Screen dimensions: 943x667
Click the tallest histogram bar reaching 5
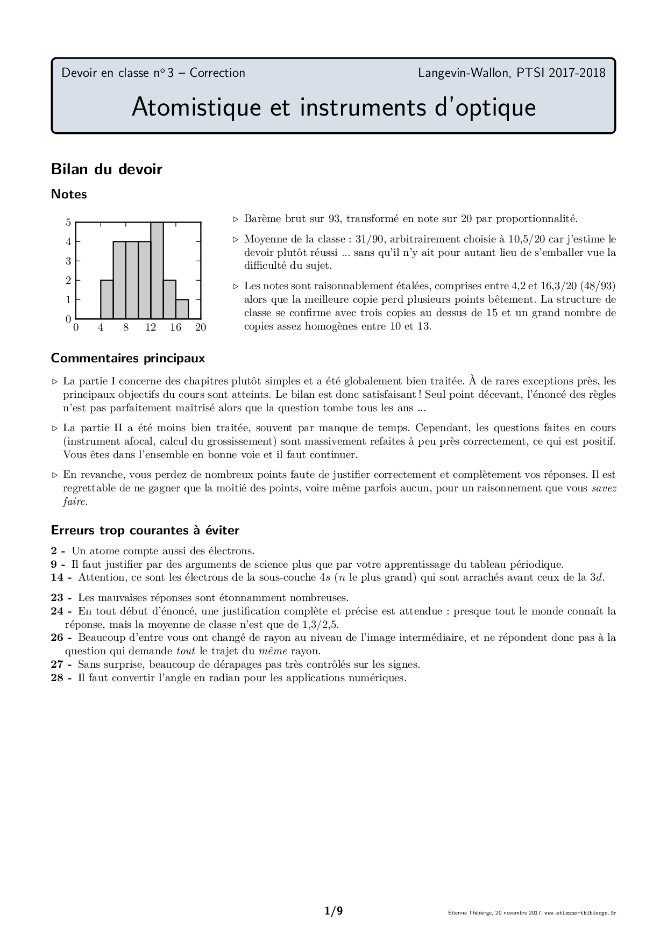point(157,270)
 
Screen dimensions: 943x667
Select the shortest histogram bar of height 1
point(182,309)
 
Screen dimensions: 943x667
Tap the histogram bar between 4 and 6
point(107,299)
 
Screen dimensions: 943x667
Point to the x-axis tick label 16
point(176,327)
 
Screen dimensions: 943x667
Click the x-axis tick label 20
point(201,327)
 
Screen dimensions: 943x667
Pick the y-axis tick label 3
point(68,261)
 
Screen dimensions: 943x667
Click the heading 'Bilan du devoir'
point(107,169)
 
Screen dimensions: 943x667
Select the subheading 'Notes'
point(69,195)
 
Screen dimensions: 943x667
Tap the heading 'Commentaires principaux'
point(128,358)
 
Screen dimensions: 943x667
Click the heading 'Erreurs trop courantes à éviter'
point(145,531)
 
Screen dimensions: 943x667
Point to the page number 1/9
point(334,911)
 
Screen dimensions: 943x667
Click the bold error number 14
point(58,577)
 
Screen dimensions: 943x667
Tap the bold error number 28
point(58,677)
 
